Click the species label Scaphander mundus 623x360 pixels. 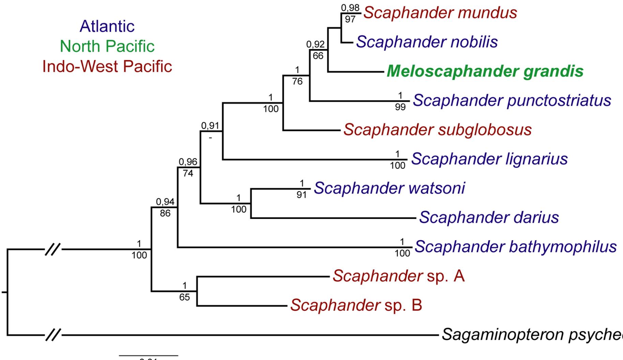click(440, 13)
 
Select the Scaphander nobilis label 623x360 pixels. click(427, 42)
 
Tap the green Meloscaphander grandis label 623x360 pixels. click(485, 72)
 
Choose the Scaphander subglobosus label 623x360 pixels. click(437, 130)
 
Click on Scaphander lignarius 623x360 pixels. click(489, 159)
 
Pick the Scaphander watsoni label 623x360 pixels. click(389, 188)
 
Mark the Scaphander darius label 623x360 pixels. click(489, 217)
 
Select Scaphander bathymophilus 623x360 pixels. click(515, 247)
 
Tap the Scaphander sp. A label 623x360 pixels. click(398, 276)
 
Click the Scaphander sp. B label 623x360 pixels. click(356, 305)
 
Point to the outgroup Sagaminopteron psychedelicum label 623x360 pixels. click(532, 335)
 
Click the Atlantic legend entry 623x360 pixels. click(107, 26)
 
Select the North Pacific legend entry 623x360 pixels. click(107, 46)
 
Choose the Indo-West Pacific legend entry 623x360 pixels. click(107, 66)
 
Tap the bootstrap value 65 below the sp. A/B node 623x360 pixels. click(184, 297)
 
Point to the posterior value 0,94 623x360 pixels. click(165, 202)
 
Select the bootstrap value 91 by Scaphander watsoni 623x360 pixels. click(302, 195)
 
